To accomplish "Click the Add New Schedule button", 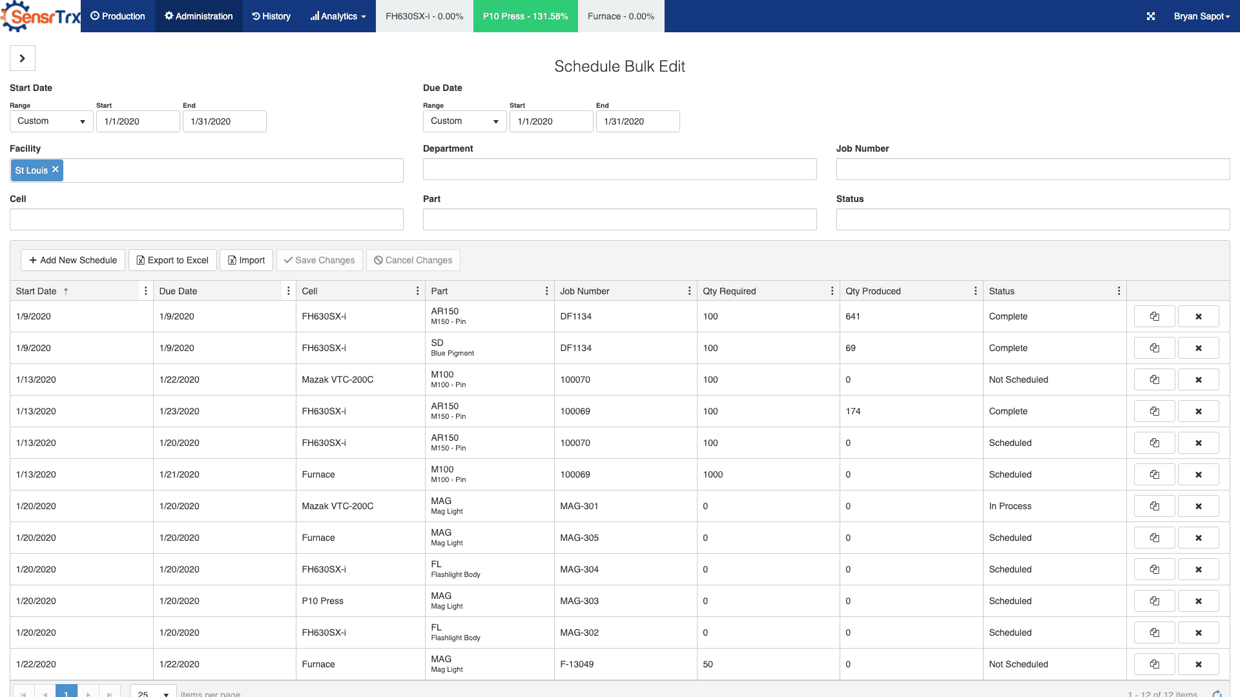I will click(x=73, y=260).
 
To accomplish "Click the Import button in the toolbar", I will click(x=246, y=260).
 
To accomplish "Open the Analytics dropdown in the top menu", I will click(x=338, y=16).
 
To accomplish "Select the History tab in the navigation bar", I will click(x=271, y=16).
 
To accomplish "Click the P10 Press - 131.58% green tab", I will click(x=526, y=16).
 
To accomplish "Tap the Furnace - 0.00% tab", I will click(x=621, y=16).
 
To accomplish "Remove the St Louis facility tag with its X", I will click(x=56, y=169).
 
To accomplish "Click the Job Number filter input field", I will click(x=1033, y=169).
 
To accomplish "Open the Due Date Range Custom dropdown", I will click(x=464, y=121).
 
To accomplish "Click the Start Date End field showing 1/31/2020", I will click(x=224, y=121).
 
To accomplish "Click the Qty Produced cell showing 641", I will click(x=853, y=316).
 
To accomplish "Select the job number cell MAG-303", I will click(x=579, y=601).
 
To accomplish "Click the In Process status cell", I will click(x=1010, y=506).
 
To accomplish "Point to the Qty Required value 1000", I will click(x=713, y=474).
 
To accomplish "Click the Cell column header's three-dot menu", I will click(x=418, y=291).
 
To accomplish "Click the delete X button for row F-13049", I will click(x=1198, y=664).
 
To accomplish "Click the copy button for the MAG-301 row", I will click(x=1154, y=506).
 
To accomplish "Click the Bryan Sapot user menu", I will click(x=1201, y=16).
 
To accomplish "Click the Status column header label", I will click(x=1002, y=291).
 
